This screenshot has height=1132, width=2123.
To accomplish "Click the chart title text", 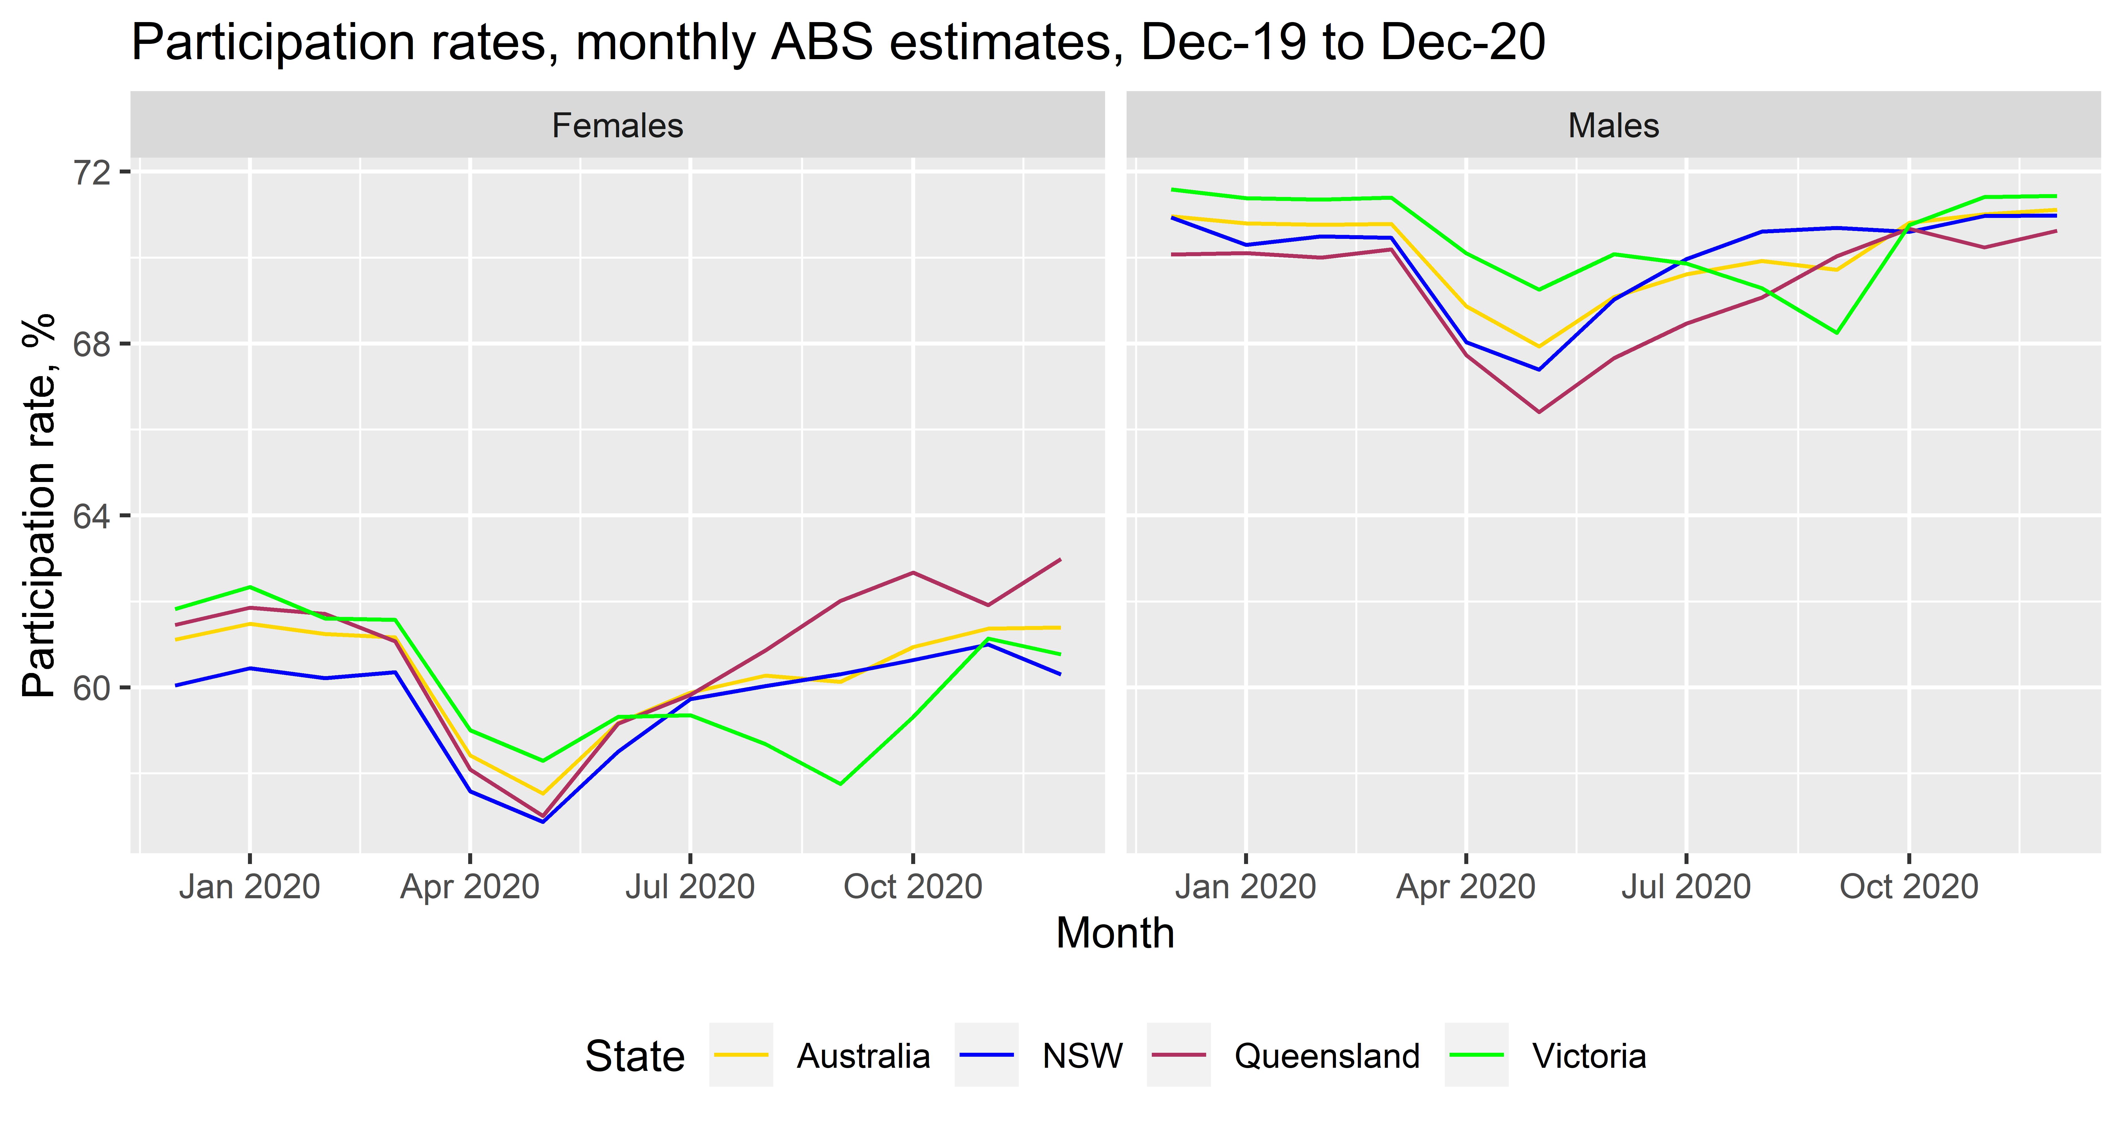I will tap(837, 43).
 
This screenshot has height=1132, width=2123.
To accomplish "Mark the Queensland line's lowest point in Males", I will tap(1539, 412).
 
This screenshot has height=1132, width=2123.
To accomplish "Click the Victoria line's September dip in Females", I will tap(840, 784).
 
